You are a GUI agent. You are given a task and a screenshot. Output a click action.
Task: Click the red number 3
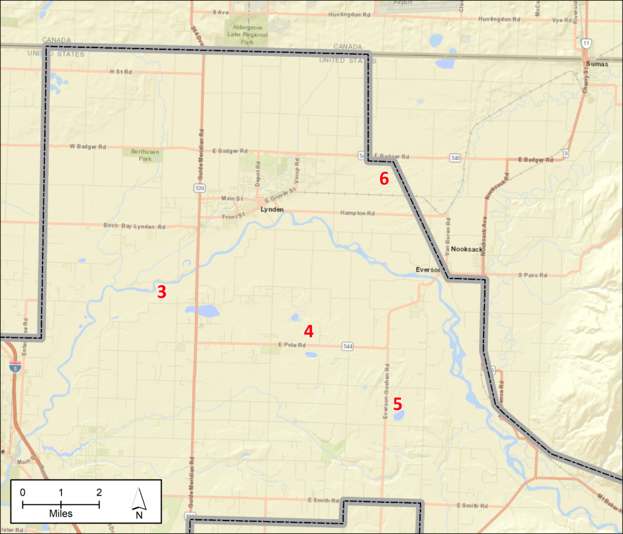click(x=161, y=292)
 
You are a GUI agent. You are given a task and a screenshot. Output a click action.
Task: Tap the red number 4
click(x=309, y=331)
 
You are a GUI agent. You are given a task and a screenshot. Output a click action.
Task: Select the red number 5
click(x=397, y=404)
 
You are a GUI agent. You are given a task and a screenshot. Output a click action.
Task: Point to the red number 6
click(x=384, y=179)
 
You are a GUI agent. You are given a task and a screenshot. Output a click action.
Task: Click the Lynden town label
click(x=272, y=209)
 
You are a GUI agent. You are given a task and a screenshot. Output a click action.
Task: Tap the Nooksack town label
click(x=467, y=249)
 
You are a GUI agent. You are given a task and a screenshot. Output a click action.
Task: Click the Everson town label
click(x=427, y=268)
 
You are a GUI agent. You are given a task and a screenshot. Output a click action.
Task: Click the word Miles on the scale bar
click(x=61, y=514)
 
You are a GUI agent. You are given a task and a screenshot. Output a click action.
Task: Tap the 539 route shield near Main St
click(x=200, y=188)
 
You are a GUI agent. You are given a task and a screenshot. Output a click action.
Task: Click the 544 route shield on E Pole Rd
click(x=347, y=346)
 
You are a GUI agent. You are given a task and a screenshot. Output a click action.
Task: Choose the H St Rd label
click(x=120, y=72)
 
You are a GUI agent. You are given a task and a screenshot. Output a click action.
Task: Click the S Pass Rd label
click(x=533, y=275)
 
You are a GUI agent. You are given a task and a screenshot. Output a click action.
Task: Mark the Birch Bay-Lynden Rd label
click(x=134, y=226)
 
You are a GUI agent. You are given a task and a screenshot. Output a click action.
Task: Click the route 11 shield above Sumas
click(x=585, y=43)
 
